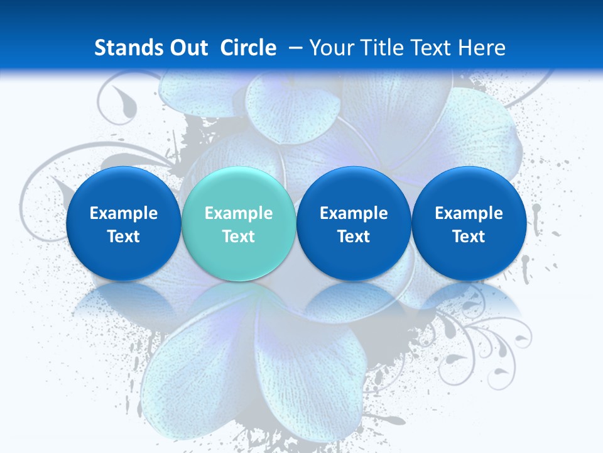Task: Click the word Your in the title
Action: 331,48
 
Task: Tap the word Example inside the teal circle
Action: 238,213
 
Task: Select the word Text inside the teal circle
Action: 238,237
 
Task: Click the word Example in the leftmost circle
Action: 123,213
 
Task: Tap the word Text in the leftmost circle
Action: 123,237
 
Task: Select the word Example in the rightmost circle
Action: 469,213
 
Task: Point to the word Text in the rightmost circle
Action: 469,237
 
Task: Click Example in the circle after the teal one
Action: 354,213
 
